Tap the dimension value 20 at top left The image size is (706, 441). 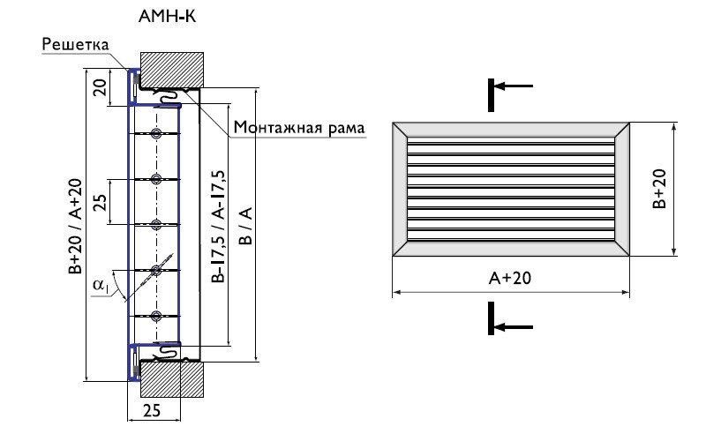[101, 87]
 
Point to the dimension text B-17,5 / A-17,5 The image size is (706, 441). [218, 225]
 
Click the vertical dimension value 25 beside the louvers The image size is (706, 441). [101, 201]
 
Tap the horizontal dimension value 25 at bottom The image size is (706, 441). [151, 410]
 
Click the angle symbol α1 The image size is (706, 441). [100, 285]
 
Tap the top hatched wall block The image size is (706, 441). [172, 67]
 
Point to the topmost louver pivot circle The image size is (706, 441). [156, 134]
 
